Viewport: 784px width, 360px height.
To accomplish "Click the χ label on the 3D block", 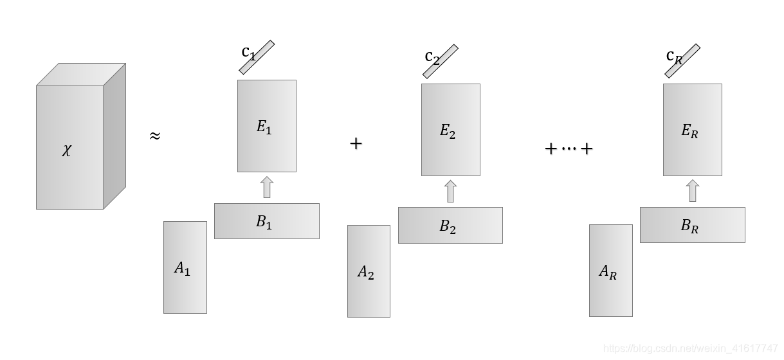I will [67, 152].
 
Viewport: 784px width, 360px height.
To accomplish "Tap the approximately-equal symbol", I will [154, 136].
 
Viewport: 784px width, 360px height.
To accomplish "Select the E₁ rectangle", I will [266, 126].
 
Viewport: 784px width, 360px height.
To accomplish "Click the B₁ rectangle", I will [266, 221].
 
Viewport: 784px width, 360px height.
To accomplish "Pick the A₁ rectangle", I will [185, 267].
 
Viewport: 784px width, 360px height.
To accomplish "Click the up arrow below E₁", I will [266, 188].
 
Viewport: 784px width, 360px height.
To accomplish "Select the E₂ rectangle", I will [450, 130].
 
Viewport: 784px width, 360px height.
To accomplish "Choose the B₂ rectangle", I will [450, 225].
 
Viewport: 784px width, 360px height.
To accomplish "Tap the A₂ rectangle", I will [369, 271].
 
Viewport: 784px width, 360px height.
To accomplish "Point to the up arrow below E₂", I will [450, 192].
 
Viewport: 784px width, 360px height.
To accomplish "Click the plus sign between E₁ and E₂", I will [356, 143].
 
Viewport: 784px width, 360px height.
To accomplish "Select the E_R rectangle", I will [692, 130].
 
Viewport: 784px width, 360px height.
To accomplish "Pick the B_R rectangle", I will [692, 224].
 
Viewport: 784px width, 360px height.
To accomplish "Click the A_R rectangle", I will [610, 271].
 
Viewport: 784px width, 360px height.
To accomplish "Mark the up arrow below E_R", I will [692, 191].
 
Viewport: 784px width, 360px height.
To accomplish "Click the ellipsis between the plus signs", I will [569, 149].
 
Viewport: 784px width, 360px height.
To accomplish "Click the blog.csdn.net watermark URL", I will [691, 348].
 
